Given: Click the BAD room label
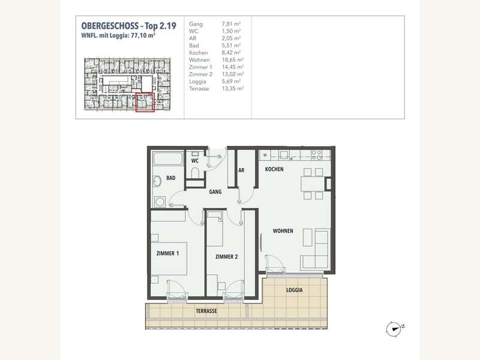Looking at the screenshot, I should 171,178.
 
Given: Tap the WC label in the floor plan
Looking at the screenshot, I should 195,161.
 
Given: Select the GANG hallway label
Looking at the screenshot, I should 216,192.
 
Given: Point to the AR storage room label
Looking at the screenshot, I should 241,170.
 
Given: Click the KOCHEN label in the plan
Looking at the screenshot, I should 274,170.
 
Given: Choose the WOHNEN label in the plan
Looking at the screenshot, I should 283,231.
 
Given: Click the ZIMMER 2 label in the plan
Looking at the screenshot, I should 227,257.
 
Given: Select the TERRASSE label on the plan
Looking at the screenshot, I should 206,312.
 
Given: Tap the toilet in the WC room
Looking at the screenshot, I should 194,173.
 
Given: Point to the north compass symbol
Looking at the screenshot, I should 394,328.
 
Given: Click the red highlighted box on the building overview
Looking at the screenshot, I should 145,103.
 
